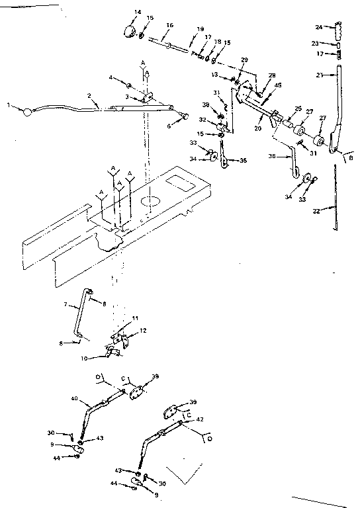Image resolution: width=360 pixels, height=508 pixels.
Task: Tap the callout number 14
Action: point(138,12)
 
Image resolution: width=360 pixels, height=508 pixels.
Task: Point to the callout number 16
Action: point(169,25)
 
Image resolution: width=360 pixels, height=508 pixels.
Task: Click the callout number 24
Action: point(318,27)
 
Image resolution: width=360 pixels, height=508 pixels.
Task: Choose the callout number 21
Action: point(319,75)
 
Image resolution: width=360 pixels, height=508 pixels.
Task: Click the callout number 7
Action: point(66,305)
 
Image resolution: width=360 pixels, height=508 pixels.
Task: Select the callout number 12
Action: point(142,330)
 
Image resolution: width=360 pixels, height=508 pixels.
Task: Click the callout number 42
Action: point(200,419)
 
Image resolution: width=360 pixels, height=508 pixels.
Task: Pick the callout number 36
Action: point(273,157)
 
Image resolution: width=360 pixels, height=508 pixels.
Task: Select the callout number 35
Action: point(243,160)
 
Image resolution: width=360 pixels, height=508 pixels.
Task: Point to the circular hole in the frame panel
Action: point(151,200)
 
